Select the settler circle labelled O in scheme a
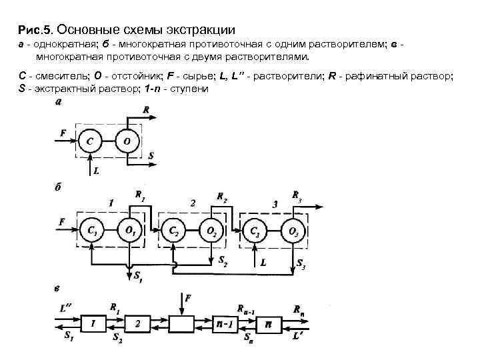point(127,142)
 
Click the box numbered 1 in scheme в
point(93,323)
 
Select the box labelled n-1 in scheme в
point(225,323)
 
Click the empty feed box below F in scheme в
point(181,323)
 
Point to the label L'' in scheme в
point(65,307)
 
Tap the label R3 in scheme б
point(297,195)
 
